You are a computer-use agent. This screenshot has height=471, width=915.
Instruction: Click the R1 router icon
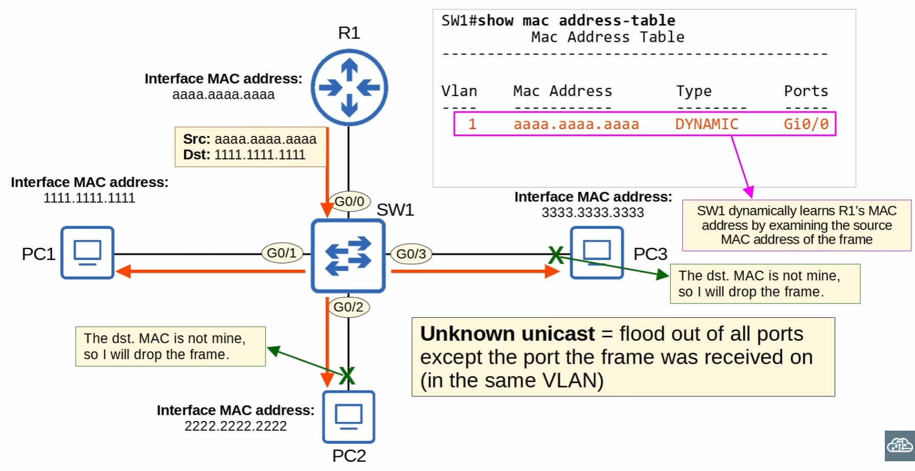click(349, 87)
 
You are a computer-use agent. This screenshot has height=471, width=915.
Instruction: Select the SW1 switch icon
click(348, 255)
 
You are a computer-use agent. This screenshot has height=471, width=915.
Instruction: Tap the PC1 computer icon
click(87, 252)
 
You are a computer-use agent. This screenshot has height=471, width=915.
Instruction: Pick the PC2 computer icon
click(349, 417)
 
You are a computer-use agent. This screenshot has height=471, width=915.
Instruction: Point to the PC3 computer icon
click(597, 252)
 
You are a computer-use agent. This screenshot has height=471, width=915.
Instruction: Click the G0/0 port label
click(349, 201)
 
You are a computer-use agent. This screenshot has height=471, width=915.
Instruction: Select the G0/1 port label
click(282, 253)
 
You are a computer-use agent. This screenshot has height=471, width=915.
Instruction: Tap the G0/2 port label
click(348, 307)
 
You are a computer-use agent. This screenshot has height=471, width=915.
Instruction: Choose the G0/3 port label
click(411, 254)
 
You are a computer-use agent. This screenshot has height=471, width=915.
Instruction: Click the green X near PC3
click(556, 255)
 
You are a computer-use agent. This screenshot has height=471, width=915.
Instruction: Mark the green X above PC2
click(347, 376)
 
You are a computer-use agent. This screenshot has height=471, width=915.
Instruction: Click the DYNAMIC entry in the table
click(706, 124)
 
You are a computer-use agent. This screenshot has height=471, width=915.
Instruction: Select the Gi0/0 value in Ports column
click(806, 124)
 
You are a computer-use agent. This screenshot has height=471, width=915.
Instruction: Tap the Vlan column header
click(459, 91)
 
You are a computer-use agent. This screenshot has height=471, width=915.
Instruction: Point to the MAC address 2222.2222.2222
click(236, 426)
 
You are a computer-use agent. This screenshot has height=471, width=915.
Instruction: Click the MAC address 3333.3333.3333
click(593, 213)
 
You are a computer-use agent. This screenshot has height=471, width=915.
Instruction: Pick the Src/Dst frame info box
click(250, 147)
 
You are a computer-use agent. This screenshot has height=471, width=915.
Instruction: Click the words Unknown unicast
click(507, 334)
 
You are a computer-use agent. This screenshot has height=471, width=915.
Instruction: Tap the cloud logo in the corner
click(900, 445)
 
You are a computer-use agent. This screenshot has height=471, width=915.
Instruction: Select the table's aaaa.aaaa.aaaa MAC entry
click(576, 124)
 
